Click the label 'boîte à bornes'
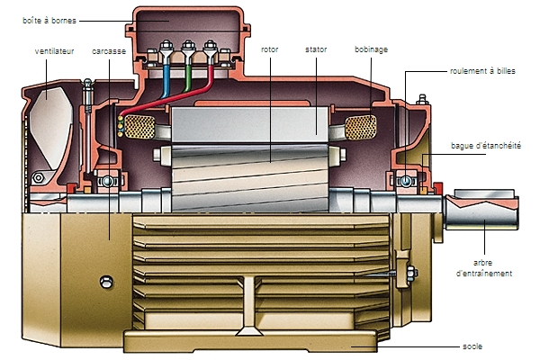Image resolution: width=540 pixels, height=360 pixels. tap(49, 21)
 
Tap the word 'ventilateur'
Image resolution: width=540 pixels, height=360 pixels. tap(54, 51)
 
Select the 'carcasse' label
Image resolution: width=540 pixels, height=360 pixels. tap(109, 51)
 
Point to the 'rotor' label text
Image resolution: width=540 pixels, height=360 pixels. tap(270, 49)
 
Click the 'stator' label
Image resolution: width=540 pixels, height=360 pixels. tap(316, 49)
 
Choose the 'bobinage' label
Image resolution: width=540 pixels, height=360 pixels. tap(371, 49)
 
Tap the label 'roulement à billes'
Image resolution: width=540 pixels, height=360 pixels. tap(482, 71)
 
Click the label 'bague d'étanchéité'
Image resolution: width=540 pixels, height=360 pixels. tap(486, 146)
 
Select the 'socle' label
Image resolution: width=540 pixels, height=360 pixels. tap(472, 346)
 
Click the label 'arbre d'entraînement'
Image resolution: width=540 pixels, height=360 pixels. tap(484, 268)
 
